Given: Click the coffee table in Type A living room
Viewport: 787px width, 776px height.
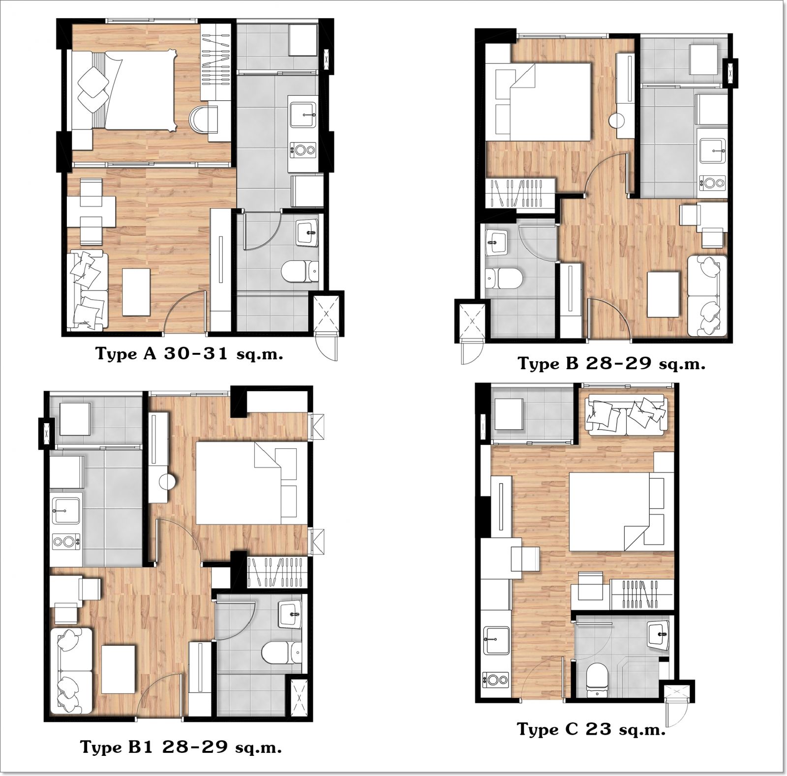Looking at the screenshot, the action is [136, 291].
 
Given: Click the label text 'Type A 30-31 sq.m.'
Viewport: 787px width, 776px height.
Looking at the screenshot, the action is [189, 354].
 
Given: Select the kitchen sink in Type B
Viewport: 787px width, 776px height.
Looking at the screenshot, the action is [712, 150].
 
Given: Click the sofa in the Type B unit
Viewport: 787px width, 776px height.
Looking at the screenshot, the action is [707, 295].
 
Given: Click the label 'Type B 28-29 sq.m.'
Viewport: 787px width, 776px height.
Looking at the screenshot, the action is [611, 364].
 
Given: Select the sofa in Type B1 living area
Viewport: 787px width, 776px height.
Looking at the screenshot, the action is [71, 670].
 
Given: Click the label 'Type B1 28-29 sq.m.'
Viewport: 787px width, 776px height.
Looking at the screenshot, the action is [181, 747].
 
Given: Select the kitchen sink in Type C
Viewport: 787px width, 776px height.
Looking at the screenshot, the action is [496, 640].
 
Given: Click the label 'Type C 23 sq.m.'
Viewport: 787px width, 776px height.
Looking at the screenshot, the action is [591, 729].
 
